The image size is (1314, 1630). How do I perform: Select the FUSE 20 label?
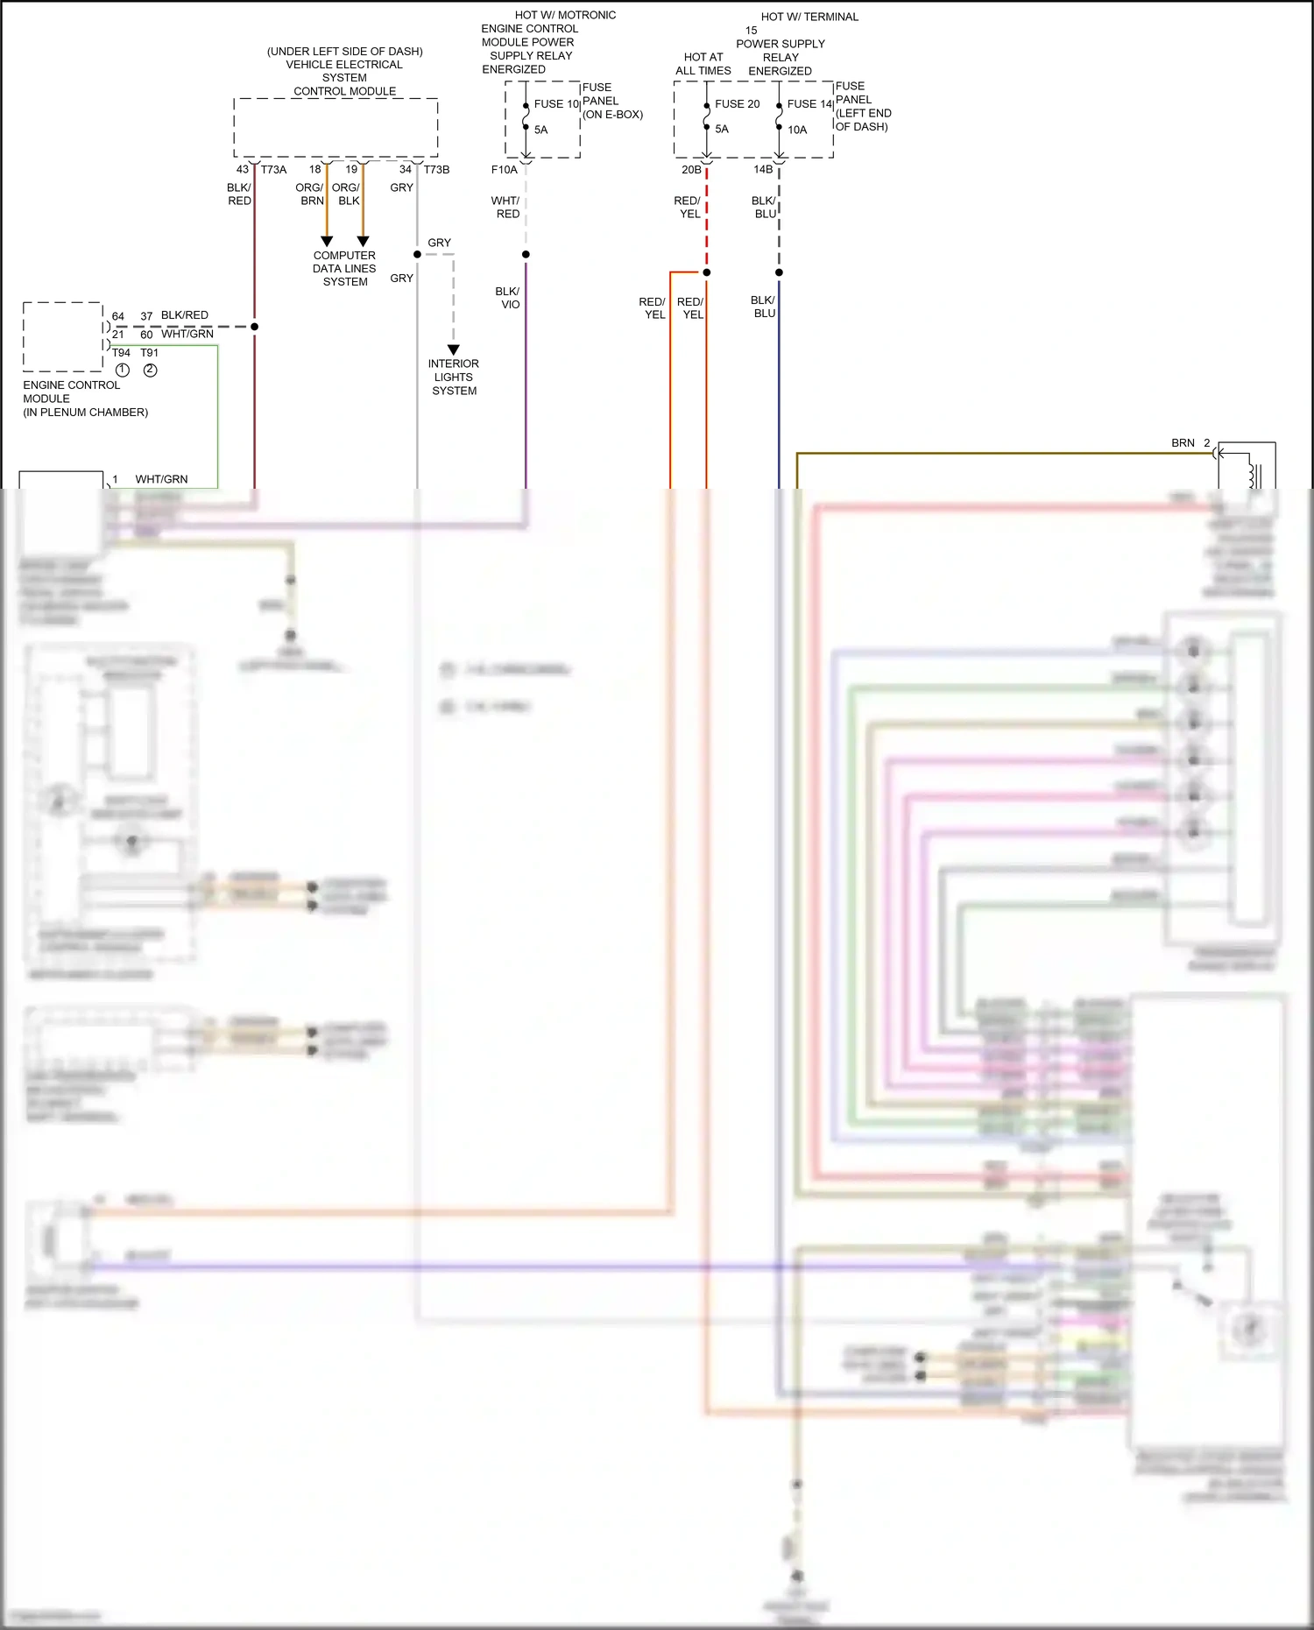tap(737, 103)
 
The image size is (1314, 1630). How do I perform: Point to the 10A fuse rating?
tap(797, 130)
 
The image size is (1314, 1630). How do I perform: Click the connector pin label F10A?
tap(504, 170)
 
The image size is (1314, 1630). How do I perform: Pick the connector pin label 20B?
tap(691, 170)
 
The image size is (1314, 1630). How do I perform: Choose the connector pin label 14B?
tap(763, 170)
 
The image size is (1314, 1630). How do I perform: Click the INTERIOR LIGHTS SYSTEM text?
tap(454, 378)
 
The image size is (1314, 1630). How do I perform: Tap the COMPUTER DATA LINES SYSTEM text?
tap(344, 269)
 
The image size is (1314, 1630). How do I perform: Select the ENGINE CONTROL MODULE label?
tap(72, 392)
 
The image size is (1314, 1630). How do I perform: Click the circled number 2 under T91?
tap(151, 370)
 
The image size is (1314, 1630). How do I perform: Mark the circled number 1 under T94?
tap(123, 370)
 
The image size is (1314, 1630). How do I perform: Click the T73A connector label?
tap(273, 170)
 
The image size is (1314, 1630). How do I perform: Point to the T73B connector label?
tap(436, 170)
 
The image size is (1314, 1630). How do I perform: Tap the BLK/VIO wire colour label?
tap(508, 298)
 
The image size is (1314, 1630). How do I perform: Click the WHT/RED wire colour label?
tap(506, 207)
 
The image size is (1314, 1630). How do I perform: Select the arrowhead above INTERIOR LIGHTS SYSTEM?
tap(454, 349)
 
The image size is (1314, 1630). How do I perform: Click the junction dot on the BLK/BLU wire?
tap(779, 272)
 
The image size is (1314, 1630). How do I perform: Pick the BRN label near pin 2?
tap(1183, 443)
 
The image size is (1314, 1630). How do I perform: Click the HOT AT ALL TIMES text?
tap(703, 64)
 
